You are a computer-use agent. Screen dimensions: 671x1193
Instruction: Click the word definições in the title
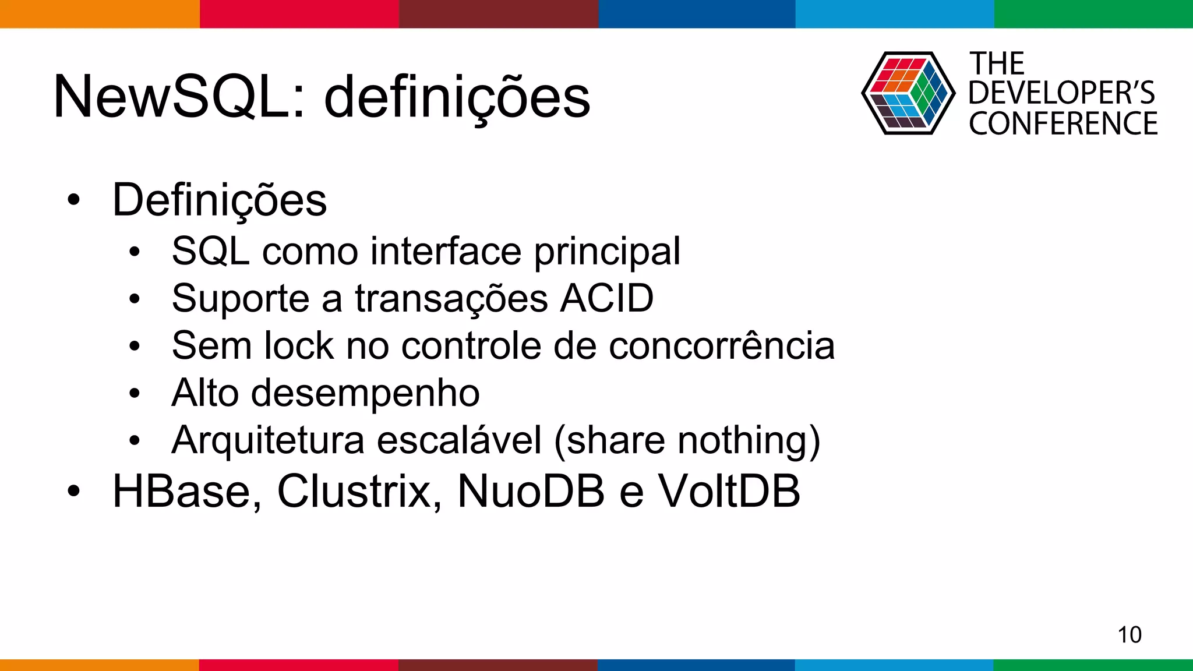coord(457,98)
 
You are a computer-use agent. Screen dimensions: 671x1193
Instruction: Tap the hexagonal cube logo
coord(908,93)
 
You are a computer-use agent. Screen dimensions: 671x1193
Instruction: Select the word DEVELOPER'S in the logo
coord(1061,93)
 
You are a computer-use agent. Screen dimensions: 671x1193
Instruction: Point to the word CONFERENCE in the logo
coord(1063,124)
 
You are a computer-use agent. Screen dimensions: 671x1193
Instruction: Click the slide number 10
coord(1129,634)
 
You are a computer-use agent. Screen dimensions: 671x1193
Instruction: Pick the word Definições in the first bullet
coord(220,201)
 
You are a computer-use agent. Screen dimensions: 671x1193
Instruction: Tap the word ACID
coord(607,299)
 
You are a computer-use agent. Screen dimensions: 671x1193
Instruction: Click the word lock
coord(299,346)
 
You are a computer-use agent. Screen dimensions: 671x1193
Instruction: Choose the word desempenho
coord(365,394)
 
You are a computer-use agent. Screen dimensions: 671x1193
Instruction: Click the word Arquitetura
coord(268,440)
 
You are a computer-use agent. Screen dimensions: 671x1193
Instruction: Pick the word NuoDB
coord(531,492)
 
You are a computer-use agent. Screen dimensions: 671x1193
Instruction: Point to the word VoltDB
coord(729,492)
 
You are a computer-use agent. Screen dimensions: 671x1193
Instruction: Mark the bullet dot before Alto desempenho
coord(135,393)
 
